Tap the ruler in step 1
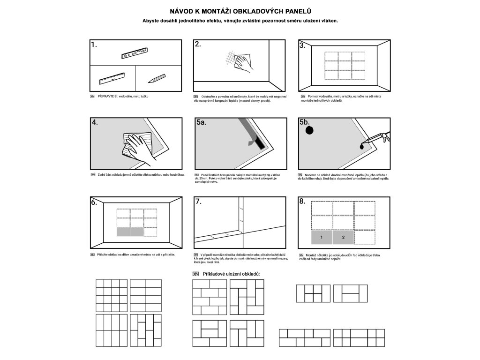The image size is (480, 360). pos(112,78)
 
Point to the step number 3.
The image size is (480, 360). pos(303,45)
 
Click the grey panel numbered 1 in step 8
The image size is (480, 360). pos(322,238)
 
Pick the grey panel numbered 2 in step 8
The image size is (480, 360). pos(343,238)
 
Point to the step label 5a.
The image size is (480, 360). pos(202,122)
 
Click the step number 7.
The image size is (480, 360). pos(198,202)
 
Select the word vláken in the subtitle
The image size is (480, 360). pos(327,21)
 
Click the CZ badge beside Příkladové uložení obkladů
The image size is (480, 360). pos(195,274)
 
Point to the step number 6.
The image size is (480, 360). pos(94,202)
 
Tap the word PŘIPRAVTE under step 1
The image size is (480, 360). pos(107,97)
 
